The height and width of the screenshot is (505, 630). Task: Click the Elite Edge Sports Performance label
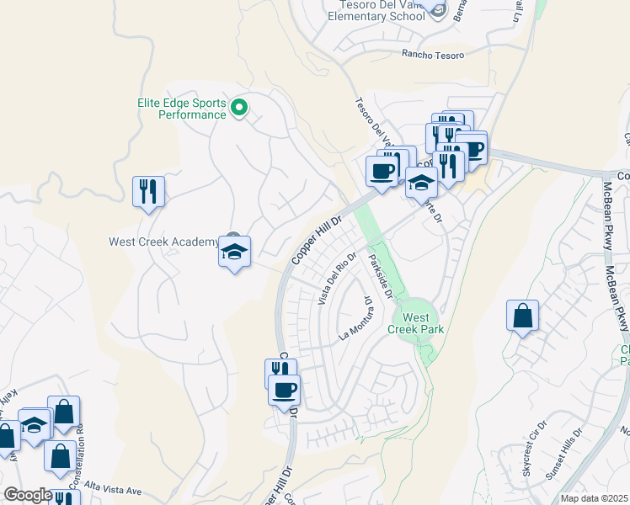pyautogui.click(x=181, y=108)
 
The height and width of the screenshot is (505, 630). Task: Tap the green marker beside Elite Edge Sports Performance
pyautogui.click(x=239, y=107)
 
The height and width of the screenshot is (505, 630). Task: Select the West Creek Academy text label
pyautogui.click(x=163, y=242)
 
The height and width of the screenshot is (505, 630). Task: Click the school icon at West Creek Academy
pyautogui.click(x=234, y=252)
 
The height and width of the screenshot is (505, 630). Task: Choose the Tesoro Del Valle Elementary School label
pyautogui.click(x=376, y=9)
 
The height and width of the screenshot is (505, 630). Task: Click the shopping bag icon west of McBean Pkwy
pyautogui.click(x=522, y=316)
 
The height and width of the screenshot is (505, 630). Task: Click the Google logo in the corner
pyautogui.click(x=28, y=495)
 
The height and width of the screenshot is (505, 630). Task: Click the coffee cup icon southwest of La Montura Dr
pyautogui.click(x=285, y=391)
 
